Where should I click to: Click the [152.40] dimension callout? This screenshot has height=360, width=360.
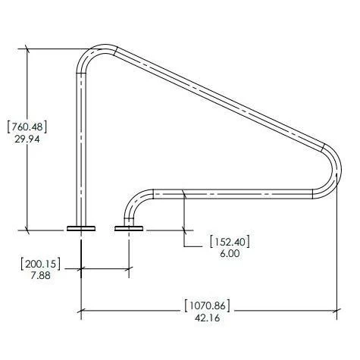click(230, 242)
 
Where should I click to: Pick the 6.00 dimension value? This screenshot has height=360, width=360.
click(230, 255)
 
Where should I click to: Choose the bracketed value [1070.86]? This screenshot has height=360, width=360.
click(207, 306)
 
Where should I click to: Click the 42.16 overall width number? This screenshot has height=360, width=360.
click(207, 319)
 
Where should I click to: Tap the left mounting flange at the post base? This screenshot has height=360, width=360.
click(81, 227)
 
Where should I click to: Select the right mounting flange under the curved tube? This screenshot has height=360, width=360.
click(128, 227)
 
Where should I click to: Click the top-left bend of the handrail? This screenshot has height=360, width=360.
click(92, 56)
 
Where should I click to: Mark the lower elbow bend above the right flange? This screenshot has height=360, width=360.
click(137, 201)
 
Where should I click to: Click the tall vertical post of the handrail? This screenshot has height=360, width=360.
click(81, 144)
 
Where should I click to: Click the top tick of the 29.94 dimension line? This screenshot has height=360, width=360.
click(29, 49)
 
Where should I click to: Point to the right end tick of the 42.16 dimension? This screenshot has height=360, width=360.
click(337, 309)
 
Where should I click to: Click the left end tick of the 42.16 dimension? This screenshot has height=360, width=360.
click(81, 309)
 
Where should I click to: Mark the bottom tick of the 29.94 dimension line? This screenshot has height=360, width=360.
click(29, 229)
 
